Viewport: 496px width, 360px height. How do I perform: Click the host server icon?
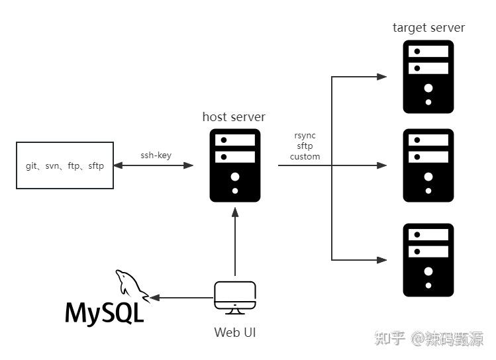[234, 165]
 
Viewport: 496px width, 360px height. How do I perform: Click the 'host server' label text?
[234, 117]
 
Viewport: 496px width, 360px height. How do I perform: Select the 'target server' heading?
[428, 28]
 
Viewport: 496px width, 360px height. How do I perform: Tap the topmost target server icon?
[428, 76]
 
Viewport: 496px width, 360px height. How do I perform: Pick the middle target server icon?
[428, 165]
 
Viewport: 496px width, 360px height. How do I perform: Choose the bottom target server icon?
[428, 259]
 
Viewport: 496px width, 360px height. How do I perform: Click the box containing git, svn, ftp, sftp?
[64, 165]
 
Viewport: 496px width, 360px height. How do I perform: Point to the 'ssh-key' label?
[156, 156]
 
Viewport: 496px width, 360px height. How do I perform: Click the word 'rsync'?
[305, 136]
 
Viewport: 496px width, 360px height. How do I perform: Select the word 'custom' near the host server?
[305, 157]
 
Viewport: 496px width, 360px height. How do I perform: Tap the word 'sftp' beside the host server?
[305, 146]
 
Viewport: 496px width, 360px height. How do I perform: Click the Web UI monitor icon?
[235, 298]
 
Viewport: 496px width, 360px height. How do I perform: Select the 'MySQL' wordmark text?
[105, 313]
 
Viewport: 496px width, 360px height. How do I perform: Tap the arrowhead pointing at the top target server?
[382, 77]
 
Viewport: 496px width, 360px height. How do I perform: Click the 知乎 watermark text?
[390, 339]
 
